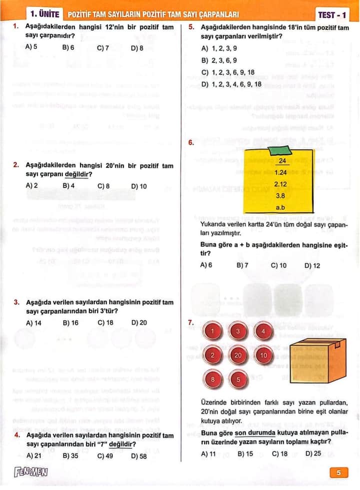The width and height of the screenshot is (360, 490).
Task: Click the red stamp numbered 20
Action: [238, 355]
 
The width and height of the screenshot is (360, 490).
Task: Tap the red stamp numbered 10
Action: [263, 355]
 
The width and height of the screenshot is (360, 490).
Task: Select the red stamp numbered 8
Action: [212, 379]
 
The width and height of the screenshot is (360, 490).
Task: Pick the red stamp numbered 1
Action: [212, 331]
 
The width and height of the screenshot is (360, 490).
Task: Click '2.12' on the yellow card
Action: [280, 184]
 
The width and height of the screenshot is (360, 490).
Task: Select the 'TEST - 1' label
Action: [332, 15]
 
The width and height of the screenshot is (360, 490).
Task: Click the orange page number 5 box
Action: [338, 472]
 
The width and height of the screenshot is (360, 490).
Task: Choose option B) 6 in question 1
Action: [68, 48]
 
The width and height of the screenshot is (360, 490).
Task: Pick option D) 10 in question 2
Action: [139, 186]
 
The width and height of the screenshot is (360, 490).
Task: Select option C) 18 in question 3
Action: [105, 323]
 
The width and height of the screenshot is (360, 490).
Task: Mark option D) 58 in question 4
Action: [139, 456]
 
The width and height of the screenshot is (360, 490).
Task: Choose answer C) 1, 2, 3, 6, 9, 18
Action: [228, 72]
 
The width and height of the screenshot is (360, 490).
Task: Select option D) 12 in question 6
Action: [312, 265]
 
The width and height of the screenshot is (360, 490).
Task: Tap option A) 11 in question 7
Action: [208, 453]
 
